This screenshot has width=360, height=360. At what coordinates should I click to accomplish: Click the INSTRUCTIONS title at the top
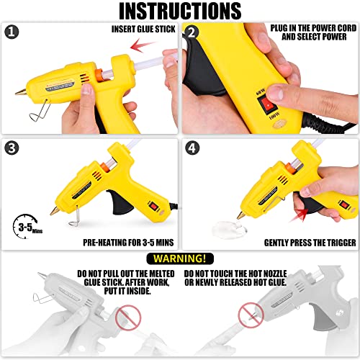point(180,12)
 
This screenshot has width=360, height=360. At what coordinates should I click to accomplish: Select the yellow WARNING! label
point(180,258)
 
